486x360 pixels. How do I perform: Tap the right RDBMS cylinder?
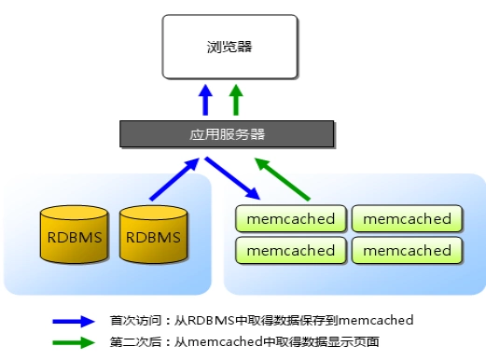[152, 238]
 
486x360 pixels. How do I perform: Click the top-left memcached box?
[291, 219]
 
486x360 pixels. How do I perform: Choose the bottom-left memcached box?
[291, 250]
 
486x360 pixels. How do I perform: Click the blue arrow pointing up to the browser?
[207, 99]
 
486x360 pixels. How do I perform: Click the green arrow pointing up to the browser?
[236, 99]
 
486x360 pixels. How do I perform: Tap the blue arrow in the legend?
[75, 320]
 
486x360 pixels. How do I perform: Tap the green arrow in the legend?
[75, 342]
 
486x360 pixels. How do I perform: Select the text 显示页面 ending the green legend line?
[355, 342]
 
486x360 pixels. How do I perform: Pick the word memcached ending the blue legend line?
[377, 320]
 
